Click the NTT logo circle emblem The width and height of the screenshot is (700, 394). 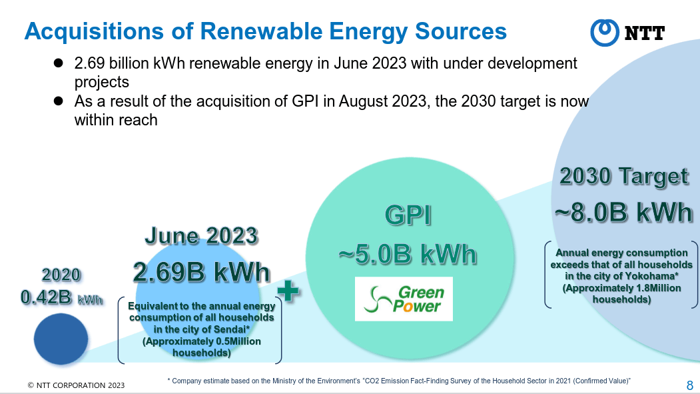[605, 33]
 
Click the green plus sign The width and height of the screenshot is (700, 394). [288, 291]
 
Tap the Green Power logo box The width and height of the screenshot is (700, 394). [404, 299]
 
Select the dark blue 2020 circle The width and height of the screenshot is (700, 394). [61, 339]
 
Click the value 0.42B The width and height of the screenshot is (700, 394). [47, 297]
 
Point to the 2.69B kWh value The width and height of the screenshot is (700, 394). [202, 272]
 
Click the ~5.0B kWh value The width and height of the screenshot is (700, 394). [408, 255]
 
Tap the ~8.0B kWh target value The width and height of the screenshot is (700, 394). [623, 212]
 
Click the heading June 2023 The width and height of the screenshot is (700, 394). [201, 236]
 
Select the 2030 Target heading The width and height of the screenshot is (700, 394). [624, 177]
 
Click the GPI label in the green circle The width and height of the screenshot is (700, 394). [408, 216]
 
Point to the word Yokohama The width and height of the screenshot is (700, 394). [652, 276]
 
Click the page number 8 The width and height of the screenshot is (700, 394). [690, 385]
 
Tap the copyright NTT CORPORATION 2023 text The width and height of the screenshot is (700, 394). [76, 385]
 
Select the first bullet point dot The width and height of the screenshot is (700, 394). [58, 63]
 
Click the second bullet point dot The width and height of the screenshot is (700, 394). [58, 101]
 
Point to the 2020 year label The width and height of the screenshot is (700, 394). [61, 275]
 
